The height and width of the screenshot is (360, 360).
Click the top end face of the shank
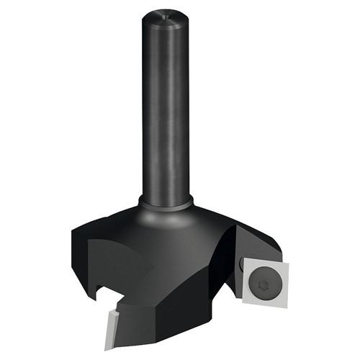click(x=167, y=16)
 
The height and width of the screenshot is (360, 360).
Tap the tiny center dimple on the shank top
click(x=167, y=14)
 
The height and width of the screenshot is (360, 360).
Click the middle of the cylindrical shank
click(x=166, y=108)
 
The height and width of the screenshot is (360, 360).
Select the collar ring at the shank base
click(x=166, y=205)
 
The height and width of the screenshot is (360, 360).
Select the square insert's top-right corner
click(x=286, y=260)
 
